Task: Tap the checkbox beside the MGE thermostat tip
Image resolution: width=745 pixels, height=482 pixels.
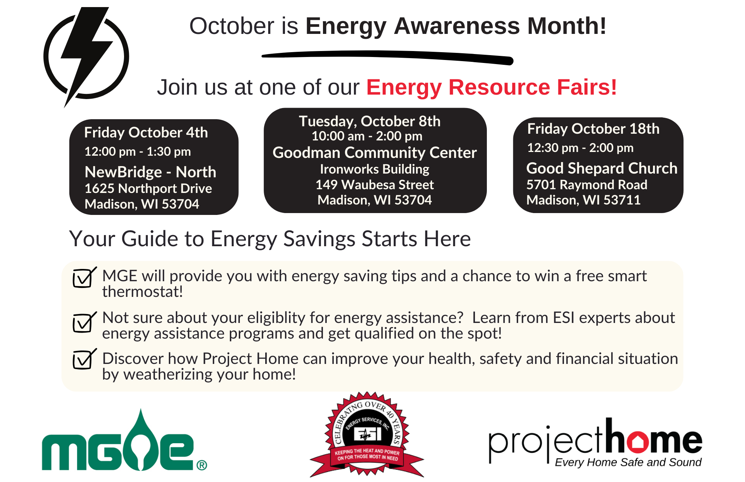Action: (84, 278)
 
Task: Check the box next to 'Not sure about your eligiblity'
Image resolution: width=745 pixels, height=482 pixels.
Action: (84, 322)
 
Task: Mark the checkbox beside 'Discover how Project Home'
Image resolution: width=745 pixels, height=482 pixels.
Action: (84, 359)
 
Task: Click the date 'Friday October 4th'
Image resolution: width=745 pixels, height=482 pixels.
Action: (146, 133)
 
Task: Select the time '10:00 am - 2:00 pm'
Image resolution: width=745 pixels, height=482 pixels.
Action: (367, 136)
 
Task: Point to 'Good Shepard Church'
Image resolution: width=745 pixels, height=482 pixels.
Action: (602, 168)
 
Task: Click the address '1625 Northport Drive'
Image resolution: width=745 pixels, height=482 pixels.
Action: (148, 188)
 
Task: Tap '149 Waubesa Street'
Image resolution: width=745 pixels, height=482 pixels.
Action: (375, 185)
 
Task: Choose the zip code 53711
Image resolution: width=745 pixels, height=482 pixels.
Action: (622, 200)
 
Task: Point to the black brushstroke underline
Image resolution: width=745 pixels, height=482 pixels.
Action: (387, 57)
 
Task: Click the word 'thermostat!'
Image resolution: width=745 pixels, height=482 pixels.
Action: (143, 292)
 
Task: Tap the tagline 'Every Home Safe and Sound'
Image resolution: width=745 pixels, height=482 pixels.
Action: (628, 462)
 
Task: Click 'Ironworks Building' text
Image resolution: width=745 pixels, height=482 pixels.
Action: (375, 169)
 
